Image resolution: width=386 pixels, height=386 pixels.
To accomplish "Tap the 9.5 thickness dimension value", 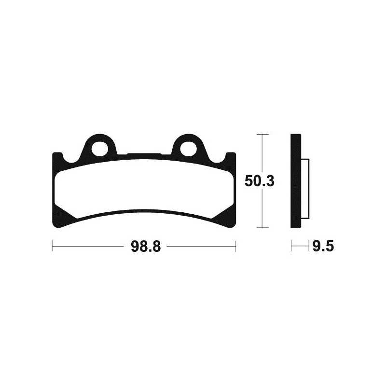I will click(323, 247).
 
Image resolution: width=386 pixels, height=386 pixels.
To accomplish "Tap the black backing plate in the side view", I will click(296, 181).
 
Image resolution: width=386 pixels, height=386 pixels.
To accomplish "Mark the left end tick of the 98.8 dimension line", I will click(52, 247).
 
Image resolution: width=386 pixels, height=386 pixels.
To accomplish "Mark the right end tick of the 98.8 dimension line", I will click(235, 247).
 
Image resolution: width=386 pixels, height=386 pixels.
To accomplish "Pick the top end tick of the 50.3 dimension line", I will click(262, 134).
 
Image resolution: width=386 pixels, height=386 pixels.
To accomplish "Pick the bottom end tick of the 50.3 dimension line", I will click(262, 227).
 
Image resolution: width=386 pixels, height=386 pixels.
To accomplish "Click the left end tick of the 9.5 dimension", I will click(291, 247).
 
